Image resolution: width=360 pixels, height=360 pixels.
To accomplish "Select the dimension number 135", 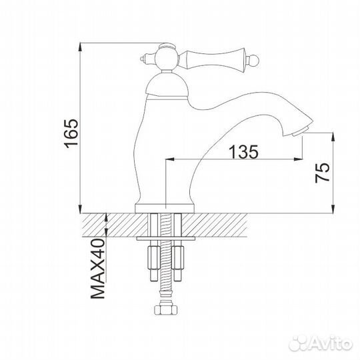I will tap(243, 151).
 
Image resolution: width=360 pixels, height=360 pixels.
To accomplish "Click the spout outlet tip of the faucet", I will tap(301, 130).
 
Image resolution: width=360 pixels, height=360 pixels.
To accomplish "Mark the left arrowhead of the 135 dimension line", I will tap(168, 160).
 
